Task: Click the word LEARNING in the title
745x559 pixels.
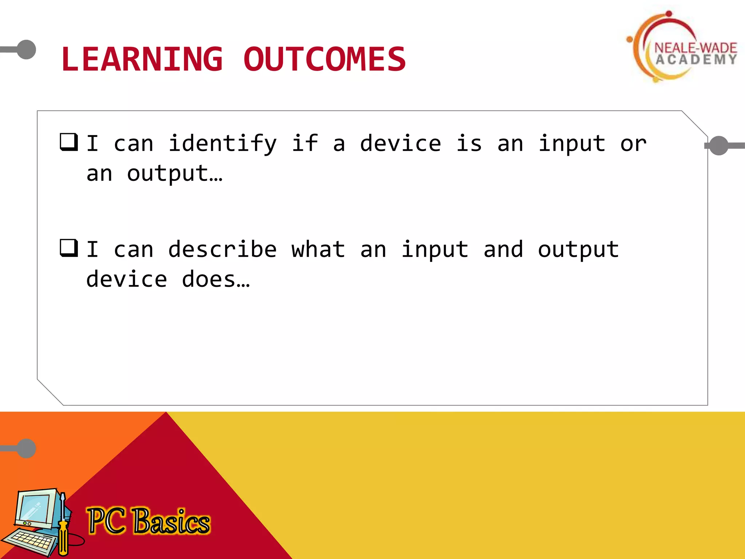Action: (x=142, y=59)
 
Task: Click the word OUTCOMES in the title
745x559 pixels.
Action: (x=324, y=59)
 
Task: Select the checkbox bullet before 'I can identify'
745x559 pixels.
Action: (x=69, y=142)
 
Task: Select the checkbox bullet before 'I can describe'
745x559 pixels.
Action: (x=69, y=248)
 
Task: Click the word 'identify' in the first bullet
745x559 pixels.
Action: (x=223, y=144)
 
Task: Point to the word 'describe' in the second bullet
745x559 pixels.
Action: (x=222, y=250)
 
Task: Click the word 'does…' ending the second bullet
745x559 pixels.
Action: (x=215, y=279)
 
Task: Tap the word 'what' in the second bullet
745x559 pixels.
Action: (x=318, y=250)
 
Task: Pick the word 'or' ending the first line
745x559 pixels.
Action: (x=633, y=144)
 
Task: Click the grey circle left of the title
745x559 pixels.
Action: (x=27, y=49)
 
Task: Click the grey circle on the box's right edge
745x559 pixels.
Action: (x=719, y=146)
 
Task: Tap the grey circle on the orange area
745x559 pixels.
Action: (x=27, y=448)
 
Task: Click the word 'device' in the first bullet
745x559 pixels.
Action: (x=401, y=144)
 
